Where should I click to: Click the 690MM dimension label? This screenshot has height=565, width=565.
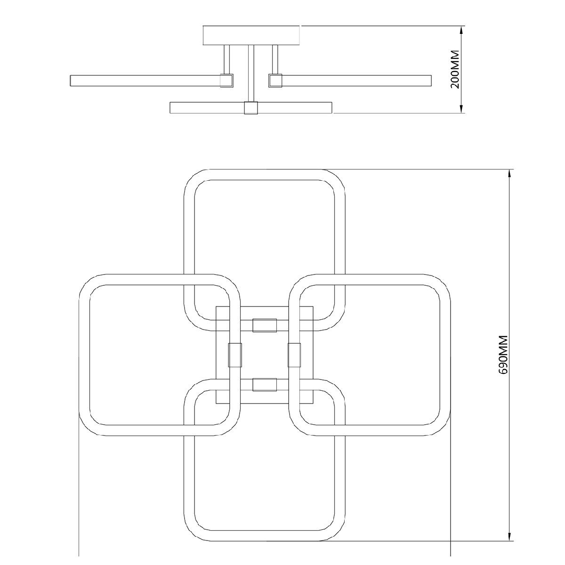pyautogui.click(x=503, y=355)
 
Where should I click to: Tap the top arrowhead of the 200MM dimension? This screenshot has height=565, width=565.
pyautogui.click(x=462, y=31)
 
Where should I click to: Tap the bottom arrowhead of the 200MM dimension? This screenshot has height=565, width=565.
pyautogui.click(x=462, y=108)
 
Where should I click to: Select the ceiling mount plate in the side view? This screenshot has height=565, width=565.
pyautogui.click(x=251, y=35)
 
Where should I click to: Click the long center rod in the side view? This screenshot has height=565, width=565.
pyautogui.click(x=251, y=73)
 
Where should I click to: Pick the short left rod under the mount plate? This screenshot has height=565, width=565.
pyautogui.click(x=226, y=59)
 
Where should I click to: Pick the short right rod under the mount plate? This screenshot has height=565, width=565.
pyautogui.click(x=275, y=59)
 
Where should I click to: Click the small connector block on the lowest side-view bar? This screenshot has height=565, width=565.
pyautogui.click(x=251, y=108)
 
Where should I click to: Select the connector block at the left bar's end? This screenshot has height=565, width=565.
pyautogui.click(x=226, y=81)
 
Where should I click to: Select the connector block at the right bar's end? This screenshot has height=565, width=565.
pyautogui.click(x=275, y=81)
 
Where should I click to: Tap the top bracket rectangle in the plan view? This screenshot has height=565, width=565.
pyautogui.click(x=265, y=325)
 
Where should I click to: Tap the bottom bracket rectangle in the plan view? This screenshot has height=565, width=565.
pyautogui.click(x=265, y=385)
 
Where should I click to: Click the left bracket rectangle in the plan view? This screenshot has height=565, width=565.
pyautogui.click(x=235, y=355)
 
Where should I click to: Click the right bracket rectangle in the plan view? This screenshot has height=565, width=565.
pyautogui.click(x=294, y=355)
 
